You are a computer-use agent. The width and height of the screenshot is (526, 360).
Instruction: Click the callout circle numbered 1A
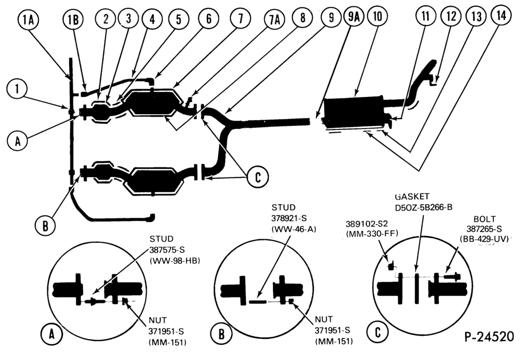tap(28, 20)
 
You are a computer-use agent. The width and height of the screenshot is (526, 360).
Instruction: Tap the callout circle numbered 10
tap(378, 16)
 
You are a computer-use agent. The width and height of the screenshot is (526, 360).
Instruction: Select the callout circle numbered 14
tap(501, 15)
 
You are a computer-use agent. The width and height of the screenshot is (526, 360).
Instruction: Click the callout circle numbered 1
tap(17, 89)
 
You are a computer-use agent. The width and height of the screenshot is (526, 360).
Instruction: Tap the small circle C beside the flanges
tap(257, 176)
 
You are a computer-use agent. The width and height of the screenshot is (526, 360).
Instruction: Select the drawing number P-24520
tap(489, 336)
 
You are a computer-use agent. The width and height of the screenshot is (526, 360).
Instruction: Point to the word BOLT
tap(484, 219)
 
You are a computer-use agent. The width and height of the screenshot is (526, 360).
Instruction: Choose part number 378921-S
tap(289, 219)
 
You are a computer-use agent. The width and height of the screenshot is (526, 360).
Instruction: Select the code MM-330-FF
tap(372, 233)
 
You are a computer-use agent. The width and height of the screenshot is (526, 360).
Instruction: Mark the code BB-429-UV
tap(484, 239)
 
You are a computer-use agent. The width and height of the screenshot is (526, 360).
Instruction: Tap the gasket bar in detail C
tap(417, 288)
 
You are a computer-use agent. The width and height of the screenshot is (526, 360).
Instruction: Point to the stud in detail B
tap(258, 302)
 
